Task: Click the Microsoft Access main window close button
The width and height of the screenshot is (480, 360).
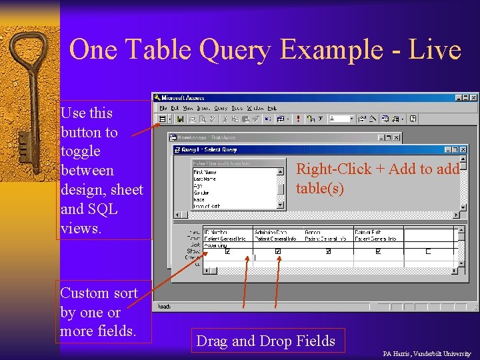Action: tap(474, 97)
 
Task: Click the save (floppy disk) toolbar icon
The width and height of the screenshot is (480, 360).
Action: tap(180, 119)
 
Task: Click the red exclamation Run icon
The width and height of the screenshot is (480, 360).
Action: tap(297, 119)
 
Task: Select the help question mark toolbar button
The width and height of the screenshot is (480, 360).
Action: tap(413, 119)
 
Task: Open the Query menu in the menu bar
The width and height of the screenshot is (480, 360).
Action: tap(221, 107)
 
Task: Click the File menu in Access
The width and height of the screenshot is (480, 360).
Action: tap(163, 107)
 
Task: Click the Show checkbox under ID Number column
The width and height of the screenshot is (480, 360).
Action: tap(229, 252)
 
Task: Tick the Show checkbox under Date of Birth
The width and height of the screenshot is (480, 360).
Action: tap(378, 252)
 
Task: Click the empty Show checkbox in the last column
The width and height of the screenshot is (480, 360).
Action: tap(428, 252)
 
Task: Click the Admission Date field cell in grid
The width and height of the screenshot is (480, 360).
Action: tap(270, 233)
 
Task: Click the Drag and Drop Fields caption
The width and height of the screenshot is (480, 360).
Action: tap(265, 341)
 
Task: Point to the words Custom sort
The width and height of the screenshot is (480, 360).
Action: tap(99, 293)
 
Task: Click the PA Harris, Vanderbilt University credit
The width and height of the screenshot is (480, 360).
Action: tap(427, 353)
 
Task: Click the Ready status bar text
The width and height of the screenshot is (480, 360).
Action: tap(163, 307)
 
